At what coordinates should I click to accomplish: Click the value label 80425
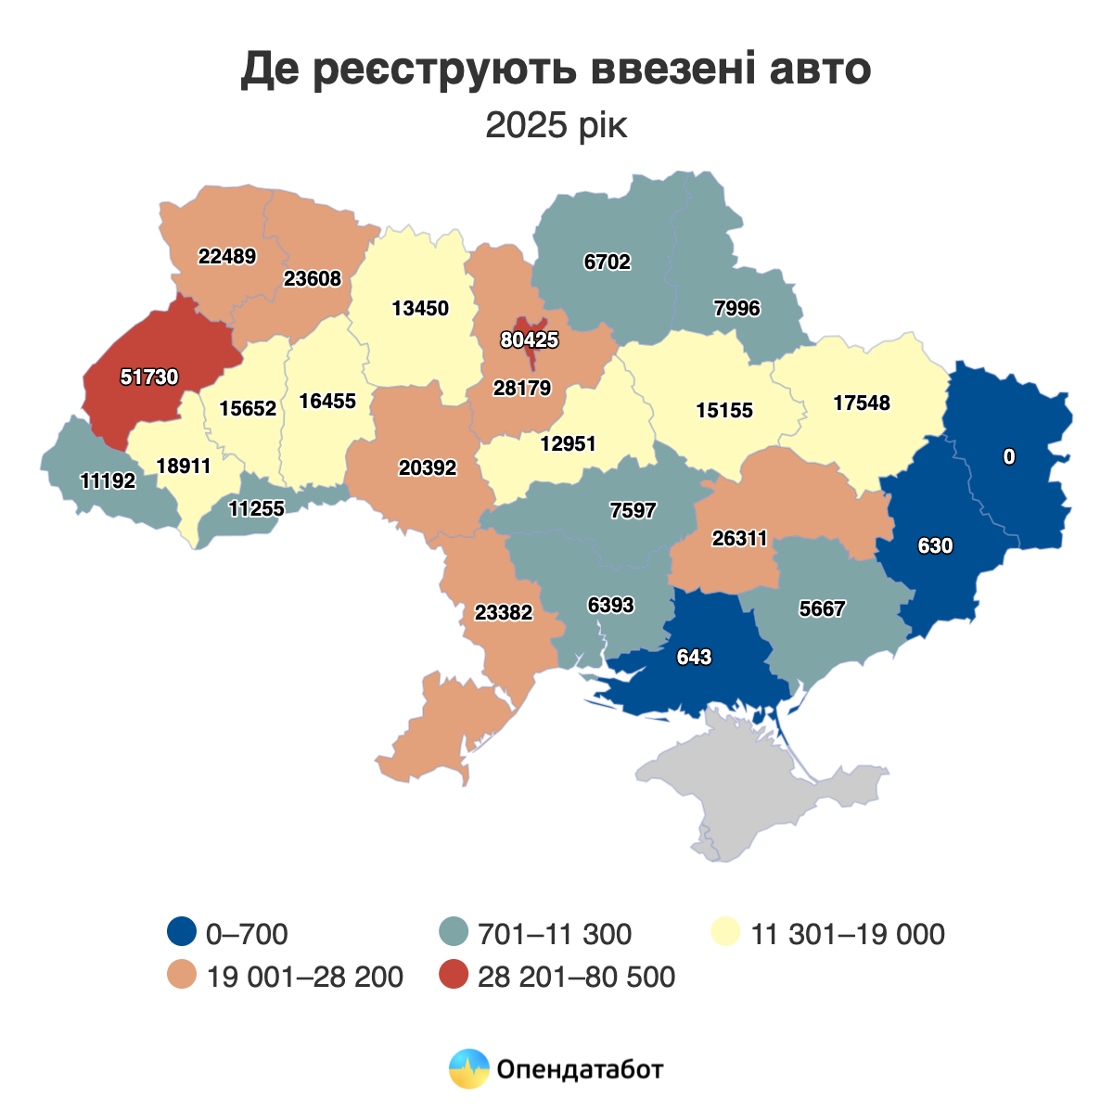(530, 340)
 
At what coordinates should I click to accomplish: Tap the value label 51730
(149, 377)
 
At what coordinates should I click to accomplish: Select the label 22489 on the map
(227, 257)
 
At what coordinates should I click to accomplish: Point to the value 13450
(420, 309)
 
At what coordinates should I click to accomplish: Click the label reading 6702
(608, 262)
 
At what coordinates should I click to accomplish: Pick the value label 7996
(737, 309)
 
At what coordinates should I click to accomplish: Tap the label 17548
(862, 403)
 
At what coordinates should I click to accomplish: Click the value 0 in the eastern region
(1009, 456)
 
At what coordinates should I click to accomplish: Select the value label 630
(935, 546)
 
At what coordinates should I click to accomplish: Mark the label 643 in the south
(694, 658)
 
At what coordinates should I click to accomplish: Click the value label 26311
(740, 539)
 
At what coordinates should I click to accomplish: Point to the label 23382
(504, 613)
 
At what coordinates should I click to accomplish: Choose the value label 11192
(109, 481)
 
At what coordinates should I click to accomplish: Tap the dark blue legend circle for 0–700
(182, 933)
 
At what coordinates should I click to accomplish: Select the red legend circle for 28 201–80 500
(454, 977)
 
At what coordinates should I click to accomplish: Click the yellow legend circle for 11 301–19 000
(725, 933)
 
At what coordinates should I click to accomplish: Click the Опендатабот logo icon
(468, 1069)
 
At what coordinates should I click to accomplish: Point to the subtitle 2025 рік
(556, 125)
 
